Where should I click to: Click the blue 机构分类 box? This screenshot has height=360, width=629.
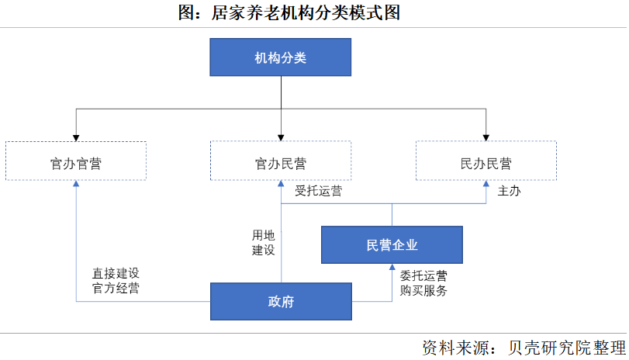pos(281,57)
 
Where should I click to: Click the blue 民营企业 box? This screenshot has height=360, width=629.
pos(392,245)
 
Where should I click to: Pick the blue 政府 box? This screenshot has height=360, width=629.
pos(281,302)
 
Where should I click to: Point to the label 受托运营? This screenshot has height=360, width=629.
pos(318,191)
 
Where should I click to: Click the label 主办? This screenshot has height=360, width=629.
pos(509,191)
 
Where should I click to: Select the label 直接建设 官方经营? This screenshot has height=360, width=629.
pos(116,281)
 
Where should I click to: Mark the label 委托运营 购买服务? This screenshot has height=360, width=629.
pos(423,283)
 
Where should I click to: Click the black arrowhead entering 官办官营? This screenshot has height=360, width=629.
pos(75,137)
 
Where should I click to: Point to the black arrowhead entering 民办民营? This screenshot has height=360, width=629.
pos(486,137)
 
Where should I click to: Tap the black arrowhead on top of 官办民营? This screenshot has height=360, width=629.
pos(281,137)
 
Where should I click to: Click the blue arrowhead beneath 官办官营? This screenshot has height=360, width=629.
pos(75,186)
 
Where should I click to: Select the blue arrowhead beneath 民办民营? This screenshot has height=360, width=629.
pos(486,186)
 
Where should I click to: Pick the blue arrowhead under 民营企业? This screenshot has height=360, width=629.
pos(392,268)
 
